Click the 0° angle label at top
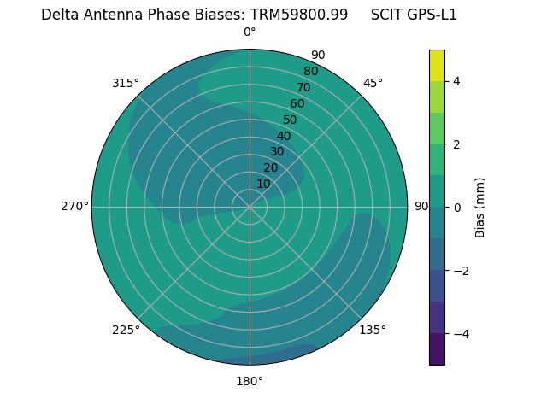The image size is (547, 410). (x=250, y=32)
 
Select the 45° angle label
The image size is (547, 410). (x=373, y=83)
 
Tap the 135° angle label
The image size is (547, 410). (x=373, y=330)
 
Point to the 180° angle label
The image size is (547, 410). (x=250, y=381)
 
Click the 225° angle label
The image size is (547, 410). (x=126, y=330)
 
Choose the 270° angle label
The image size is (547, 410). (x=74, y=206)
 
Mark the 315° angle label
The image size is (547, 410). (x=126, y=83)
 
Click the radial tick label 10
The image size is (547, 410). (x=263, y=184)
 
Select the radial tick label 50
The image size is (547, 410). (x=291, y=120)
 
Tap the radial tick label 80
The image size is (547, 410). (x=310, y=71)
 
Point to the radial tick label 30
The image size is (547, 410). (x=277, y=152)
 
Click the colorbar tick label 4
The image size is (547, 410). (x=456, y=81)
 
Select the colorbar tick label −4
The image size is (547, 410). (x=460, y=334)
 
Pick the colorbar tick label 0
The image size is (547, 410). (x=456, y=208)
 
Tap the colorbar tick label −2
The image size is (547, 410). (x=460, y=271)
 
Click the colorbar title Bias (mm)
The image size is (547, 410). (x=480, y=208)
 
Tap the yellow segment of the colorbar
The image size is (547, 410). (x=437, y=65)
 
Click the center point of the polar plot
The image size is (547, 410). (x=250, y=207)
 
